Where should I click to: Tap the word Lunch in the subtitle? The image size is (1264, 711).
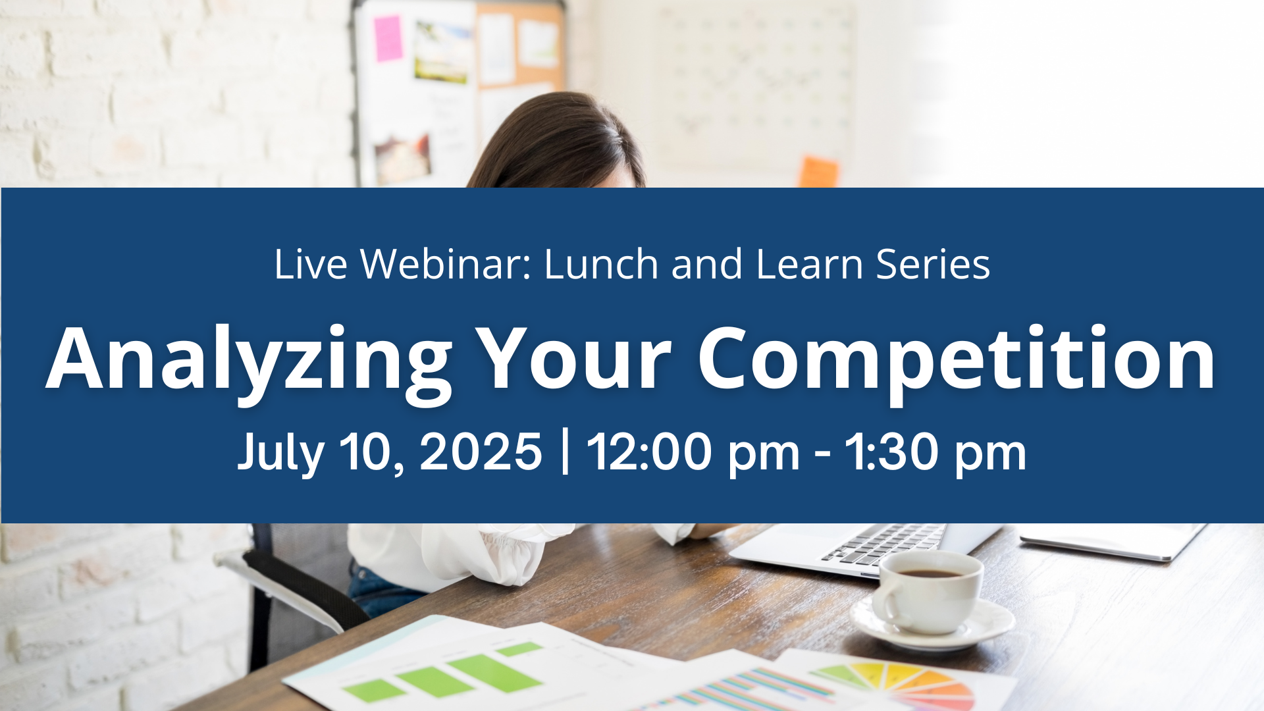(601, 264)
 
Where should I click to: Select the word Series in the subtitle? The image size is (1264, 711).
(933, 264)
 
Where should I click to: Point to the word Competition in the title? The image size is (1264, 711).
(957, 361)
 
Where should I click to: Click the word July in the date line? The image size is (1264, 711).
(281, 453)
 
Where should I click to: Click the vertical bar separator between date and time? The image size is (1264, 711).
(565, 452)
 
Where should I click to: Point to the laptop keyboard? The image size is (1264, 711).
(882, 544)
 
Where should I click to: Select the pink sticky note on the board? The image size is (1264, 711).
(388, 38)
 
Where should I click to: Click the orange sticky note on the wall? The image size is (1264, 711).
(818, 172)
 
